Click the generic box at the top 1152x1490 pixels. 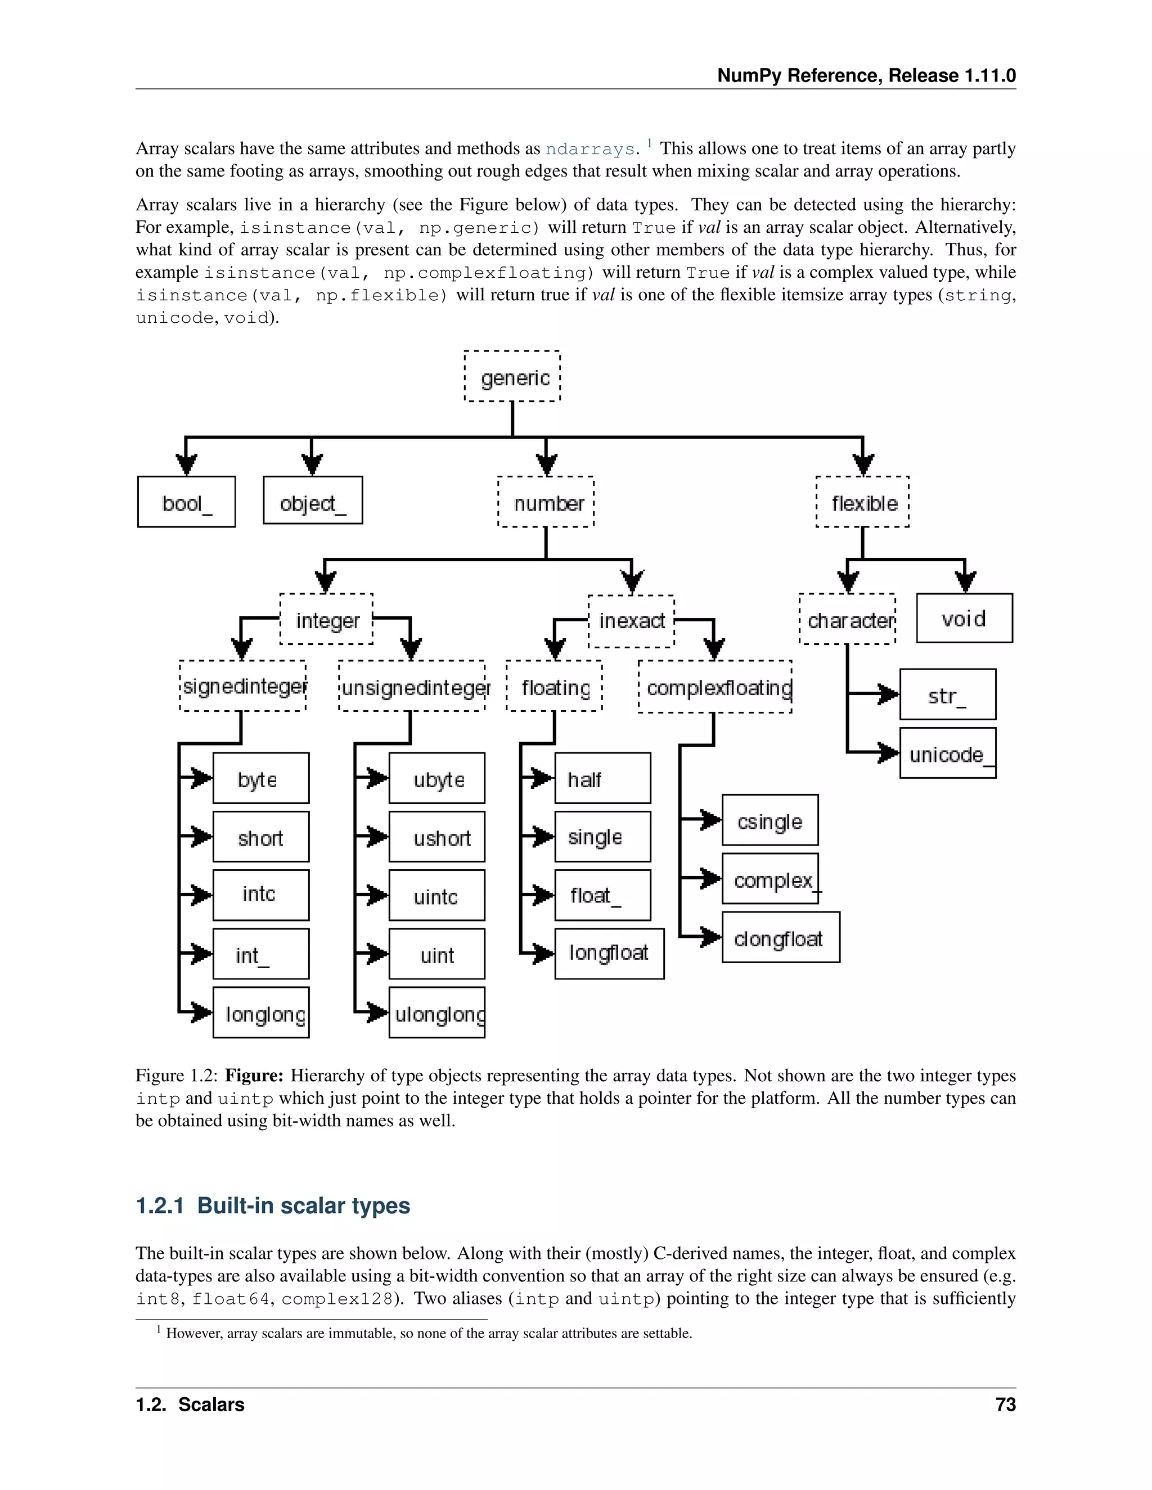(x=512, y=377)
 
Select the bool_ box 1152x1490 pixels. (x=186, y=502)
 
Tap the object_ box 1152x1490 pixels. (x=313, y=501)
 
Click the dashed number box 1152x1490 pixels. (x=546, y=502)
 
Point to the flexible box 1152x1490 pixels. (x=863, y=502)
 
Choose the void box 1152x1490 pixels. (x=964, y=618)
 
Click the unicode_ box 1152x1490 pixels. (x=948, y=753)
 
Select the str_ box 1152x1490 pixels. (x=948, y=694)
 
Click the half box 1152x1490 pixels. (x=602, y=778)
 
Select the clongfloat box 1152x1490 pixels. (x=781, y=937)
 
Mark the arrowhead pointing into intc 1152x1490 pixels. (x=202, y=895)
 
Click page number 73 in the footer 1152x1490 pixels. (x=1005, y=1405)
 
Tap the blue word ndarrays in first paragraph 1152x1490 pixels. (x=589, y=149)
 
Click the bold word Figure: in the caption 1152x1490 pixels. (x=254, y=1076)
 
